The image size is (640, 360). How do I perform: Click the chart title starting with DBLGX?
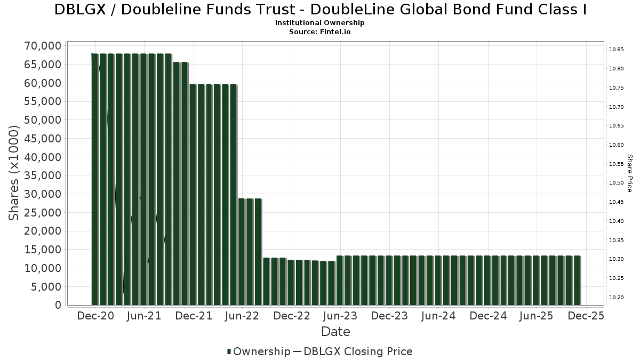[x=321, y=10]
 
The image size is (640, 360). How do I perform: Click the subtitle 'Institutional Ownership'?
[x=320, y=23]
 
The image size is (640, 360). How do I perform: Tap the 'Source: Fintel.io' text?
[x=320, y=32]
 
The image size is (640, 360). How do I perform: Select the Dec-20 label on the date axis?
[x=95, y=316]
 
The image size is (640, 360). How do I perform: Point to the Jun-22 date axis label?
[x=242, y=316]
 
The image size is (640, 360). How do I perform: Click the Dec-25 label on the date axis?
[x=586, y=316]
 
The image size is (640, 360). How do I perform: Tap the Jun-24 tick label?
[x=438, y=316]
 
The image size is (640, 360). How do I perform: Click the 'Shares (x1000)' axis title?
[x=14, y=173]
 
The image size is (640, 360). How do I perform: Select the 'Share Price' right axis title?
[x=629, y=173]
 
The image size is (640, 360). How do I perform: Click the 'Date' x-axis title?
[x=335, y=332]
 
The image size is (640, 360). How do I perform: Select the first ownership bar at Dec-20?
[x=95, y=179]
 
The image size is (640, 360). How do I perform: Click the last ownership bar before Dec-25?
[x=577, y=280]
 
